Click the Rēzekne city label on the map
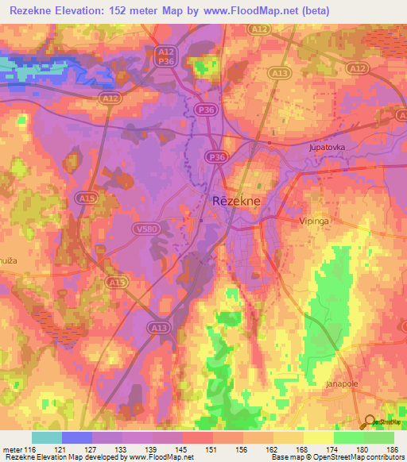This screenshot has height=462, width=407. pos(236,202)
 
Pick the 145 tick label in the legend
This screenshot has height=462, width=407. pos(184,449)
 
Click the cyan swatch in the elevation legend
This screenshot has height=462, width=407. pos(47,437)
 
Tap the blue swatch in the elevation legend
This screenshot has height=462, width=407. pos(77,437)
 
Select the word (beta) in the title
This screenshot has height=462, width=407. pos(310,10)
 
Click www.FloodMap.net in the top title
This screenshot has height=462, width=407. pos(246,10)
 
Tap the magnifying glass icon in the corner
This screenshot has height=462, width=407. pos(371,422)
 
